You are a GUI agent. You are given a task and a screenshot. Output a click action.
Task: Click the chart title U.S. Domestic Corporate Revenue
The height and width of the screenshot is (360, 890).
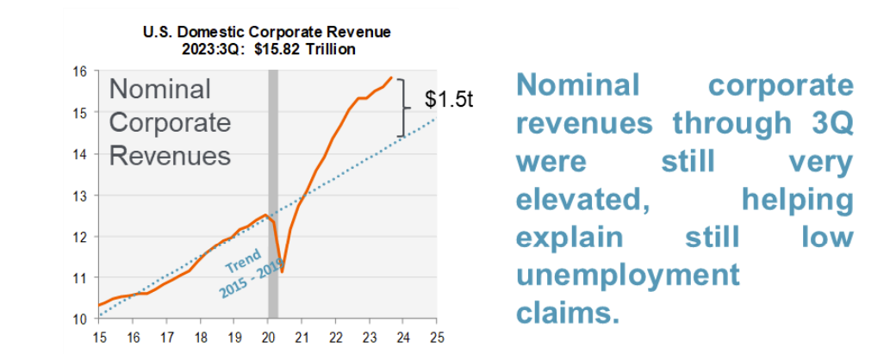click(266, 32)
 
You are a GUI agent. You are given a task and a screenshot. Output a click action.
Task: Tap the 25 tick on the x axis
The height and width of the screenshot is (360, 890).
click(437, 337)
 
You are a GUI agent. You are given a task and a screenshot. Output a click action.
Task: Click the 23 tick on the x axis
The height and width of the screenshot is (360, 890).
click(369, 337)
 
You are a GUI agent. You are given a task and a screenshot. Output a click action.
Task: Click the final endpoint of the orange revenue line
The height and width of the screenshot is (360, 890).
click(392, 78)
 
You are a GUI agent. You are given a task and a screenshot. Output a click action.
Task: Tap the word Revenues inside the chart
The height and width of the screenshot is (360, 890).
click(170, 156)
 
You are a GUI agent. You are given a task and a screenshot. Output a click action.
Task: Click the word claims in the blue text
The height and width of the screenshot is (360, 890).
click(568, 313)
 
